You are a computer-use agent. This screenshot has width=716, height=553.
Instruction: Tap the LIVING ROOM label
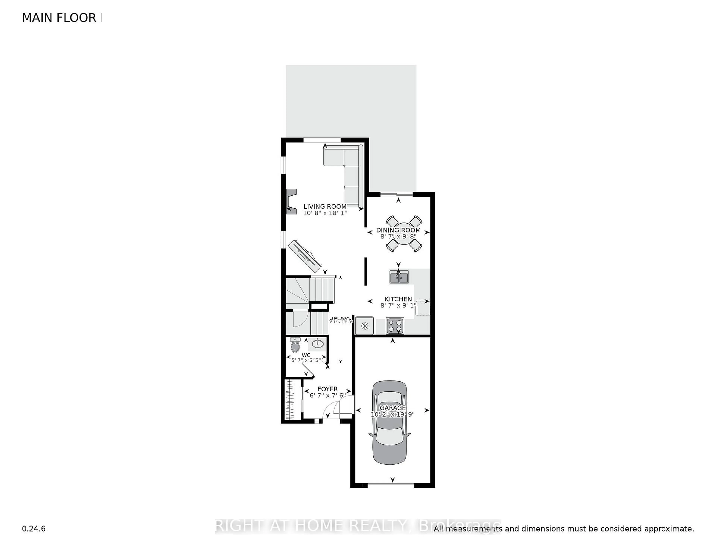click(x=325, y=206)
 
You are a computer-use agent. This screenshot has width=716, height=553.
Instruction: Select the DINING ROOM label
click(x=398, y=230)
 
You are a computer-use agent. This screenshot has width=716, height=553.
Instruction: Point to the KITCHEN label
click(x=398, y=299)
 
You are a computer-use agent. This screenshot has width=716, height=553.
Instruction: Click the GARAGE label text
click(x=392, y=407)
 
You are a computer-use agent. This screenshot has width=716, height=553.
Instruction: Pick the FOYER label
click(x=327, y=389)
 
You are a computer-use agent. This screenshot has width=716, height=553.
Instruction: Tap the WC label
click(x=306, y=355)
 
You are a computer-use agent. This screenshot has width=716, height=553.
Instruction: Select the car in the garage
click(x=390, y=423)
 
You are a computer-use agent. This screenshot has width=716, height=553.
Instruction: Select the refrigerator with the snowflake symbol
click(x=364, y=326)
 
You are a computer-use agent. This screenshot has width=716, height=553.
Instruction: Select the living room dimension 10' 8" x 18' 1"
click(x=325, y=213)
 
